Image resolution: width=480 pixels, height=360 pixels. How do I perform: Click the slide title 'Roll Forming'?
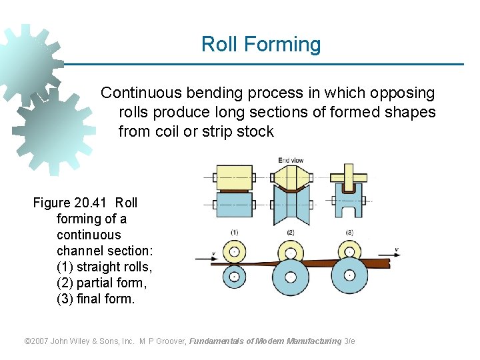coord(261,45)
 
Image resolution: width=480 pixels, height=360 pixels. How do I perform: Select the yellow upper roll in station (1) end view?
coord(234,178)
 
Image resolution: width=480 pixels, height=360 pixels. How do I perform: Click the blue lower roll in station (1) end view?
coord(234,204)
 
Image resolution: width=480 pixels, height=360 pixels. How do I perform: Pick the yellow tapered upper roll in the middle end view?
coord(290,178)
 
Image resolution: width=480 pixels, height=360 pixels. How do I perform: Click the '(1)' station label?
coord(234,232)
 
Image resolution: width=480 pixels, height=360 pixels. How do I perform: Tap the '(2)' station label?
coord(291,232)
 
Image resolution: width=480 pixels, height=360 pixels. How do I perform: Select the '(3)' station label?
coord(349,232)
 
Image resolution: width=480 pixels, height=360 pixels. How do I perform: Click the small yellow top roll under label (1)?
coord(234,252)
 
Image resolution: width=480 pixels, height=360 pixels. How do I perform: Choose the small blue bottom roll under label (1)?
coord(234,275)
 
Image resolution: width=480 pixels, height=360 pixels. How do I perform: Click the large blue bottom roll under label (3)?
coord(349,275)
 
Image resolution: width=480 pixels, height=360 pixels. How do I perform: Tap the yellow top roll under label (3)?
coord(349,251)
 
